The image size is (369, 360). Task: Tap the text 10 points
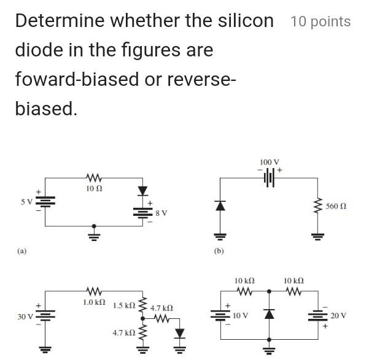click(320, 22)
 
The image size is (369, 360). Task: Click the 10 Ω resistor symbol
click(94, 178)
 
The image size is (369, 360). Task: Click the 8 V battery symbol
click(142, 212)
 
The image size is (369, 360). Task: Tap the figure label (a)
click(22, 251)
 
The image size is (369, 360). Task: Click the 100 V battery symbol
click(268, 177)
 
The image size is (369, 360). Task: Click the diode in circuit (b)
click(219, 206)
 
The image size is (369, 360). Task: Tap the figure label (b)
click(219, 251)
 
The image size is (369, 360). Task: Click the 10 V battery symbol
click(219, 315)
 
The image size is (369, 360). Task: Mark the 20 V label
click(338, 315)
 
